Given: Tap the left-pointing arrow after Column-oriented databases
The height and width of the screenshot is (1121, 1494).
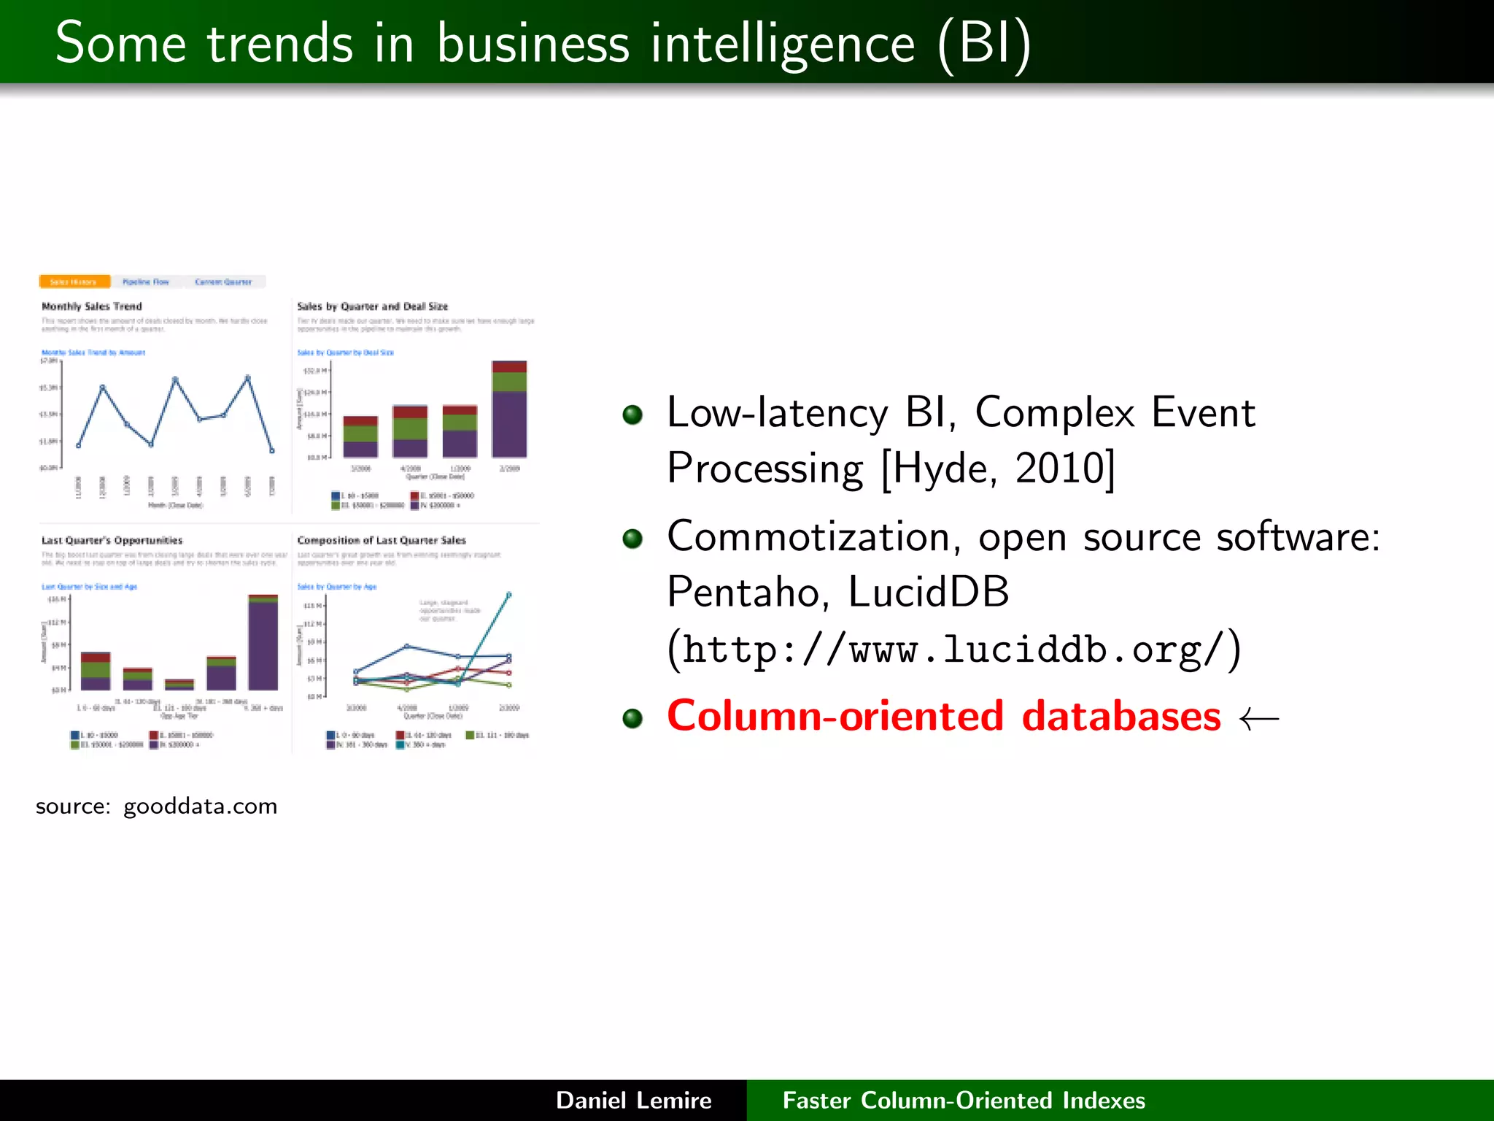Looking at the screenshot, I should click(1259, 719).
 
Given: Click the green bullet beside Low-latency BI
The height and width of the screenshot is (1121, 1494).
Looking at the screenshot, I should click(632, 415).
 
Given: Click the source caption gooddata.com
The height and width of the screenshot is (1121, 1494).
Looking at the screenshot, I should click(156, 806).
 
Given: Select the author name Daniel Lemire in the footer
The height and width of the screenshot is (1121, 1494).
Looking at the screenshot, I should click(633, 1100).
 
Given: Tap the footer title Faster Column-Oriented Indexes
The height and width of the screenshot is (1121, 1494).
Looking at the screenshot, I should click(964, 1100).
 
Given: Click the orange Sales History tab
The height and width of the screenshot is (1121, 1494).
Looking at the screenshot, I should click(74, 282).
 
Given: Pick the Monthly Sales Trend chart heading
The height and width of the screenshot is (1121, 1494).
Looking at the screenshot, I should click(92, 307).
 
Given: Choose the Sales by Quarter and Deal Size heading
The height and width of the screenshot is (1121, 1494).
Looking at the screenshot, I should click(372, 307).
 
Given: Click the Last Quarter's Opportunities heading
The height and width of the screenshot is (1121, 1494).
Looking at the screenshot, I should click(112, 541).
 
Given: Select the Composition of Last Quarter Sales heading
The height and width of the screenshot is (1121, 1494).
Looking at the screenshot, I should click(381, 541).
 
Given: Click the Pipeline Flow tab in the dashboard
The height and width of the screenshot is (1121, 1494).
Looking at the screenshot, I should click(145, 282).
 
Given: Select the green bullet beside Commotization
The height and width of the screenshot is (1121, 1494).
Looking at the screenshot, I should click(632, 539).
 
